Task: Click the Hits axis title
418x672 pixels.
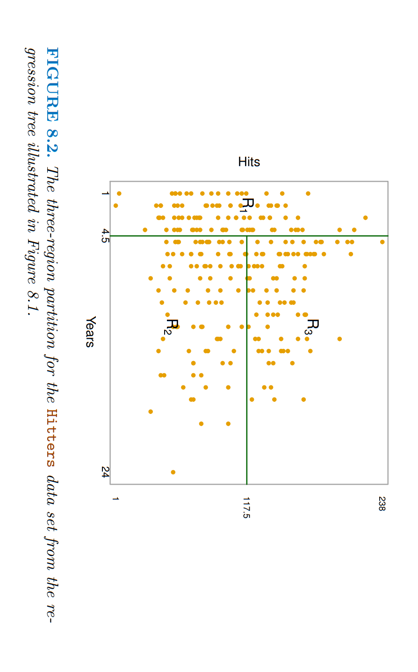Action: click(249, 162)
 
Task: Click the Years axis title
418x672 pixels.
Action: click(90, 332)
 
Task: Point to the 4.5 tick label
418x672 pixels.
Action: click(105, 236)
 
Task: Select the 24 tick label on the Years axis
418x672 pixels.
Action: click(105, 472)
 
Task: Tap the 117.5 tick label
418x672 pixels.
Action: click(246, 508)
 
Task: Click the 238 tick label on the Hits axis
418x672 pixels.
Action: click(382, 503)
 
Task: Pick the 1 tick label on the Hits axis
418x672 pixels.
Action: click(115, 499)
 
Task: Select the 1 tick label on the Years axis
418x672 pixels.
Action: click(105, 193)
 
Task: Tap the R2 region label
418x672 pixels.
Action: click(171, 326)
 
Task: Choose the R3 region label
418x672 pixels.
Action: click(312, 326)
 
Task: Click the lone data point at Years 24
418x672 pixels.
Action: click(173, 472)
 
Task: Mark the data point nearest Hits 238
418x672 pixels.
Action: click(382, 242)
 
